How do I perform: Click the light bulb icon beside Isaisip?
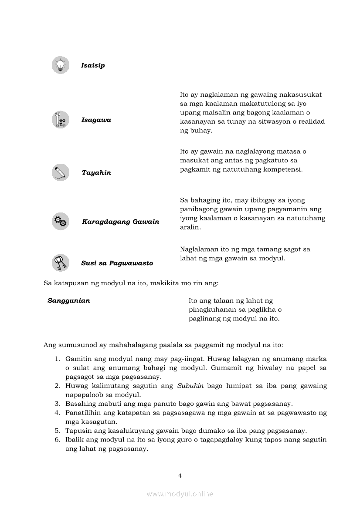point(61,65)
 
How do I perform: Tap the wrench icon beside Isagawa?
point(61,120)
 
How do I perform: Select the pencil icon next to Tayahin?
point(61,172)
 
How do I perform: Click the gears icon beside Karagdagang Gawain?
point(61,222)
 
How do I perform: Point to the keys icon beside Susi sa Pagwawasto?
point(61,263)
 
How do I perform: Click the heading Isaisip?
point(93,66)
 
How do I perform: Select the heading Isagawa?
point(96,120)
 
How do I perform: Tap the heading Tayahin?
point(96,173)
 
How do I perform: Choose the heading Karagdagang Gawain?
point(121,222)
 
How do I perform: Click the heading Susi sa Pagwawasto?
point(117,263)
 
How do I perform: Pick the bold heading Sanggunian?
point(69,301)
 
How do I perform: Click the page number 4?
point(180,475)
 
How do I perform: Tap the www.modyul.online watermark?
point(180,494)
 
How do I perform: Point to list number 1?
point(57,359)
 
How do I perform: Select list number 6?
point(57,440)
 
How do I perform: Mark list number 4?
point(57,413)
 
